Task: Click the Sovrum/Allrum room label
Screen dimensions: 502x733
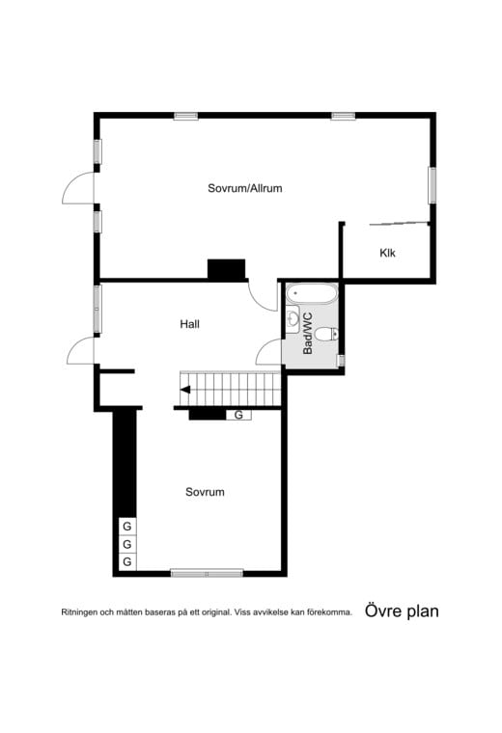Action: coord(244,188)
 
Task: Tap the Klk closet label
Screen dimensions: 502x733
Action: coord(387,253)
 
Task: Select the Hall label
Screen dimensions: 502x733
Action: coord(189,324)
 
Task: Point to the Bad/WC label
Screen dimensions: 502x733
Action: coord(307,334)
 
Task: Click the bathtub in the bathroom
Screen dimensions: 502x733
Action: coord(311,294)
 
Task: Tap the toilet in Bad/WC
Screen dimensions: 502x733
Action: coord(326,335)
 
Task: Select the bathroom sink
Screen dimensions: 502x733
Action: coord(293,319)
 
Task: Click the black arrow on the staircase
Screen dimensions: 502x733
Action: coord(185,390)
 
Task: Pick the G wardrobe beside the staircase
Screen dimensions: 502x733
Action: coord(238,415)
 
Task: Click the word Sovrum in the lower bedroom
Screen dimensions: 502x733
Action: coord(205,492)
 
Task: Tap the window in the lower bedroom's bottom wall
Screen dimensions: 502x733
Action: coord(207,573)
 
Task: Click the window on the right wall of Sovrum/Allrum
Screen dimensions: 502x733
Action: coord(432,185)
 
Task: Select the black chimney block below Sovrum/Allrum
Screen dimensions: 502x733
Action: coord(227,270)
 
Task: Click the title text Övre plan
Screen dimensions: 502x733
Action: coord(402,611)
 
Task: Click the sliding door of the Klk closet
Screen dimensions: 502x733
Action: coord(399,223)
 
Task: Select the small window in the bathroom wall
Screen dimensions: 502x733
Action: coord(341,361)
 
